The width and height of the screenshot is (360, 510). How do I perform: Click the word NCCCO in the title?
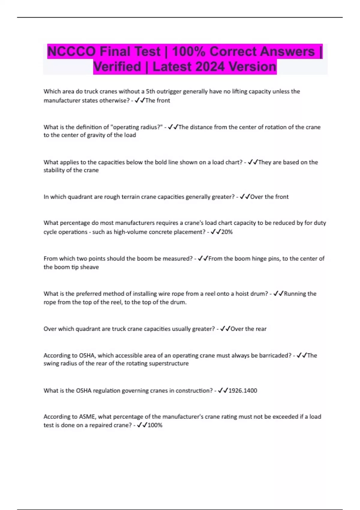[71, 52]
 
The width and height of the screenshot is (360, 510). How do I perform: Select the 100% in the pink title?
[188, 52]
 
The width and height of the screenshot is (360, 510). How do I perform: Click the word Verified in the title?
[117, 67]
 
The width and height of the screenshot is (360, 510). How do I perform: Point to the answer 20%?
[227, 232]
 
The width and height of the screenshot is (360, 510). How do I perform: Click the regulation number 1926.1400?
[243, 391]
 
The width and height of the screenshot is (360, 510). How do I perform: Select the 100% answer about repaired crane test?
[155, 425]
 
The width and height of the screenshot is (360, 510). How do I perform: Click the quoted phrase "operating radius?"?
[137, 127]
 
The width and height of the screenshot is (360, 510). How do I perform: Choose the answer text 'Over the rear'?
[248, 329]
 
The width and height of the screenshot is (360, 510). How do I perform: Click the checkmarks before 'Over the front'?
[245, 197]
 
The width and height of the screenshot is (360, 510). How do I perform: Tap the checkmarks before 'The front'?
[140, 100]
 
